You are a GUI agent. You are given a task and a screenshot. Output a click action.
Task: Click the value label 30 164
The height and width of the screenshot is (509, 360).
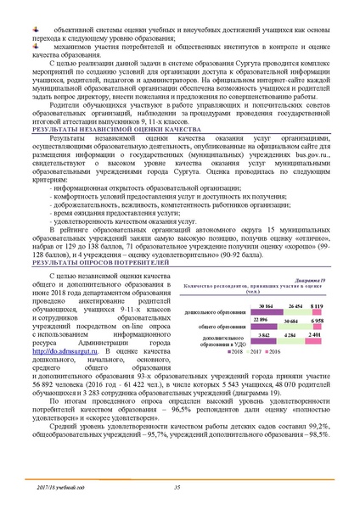click(x=263, y=282)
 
